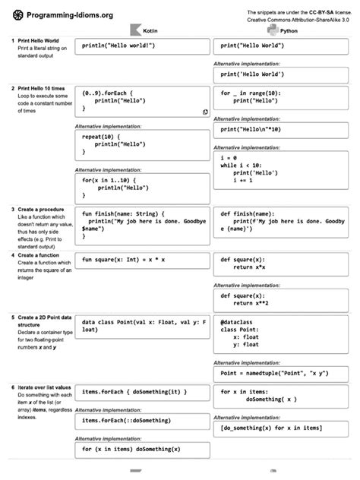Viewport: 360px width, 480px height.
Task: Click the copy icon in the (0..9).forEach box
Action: pos(205,112)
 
